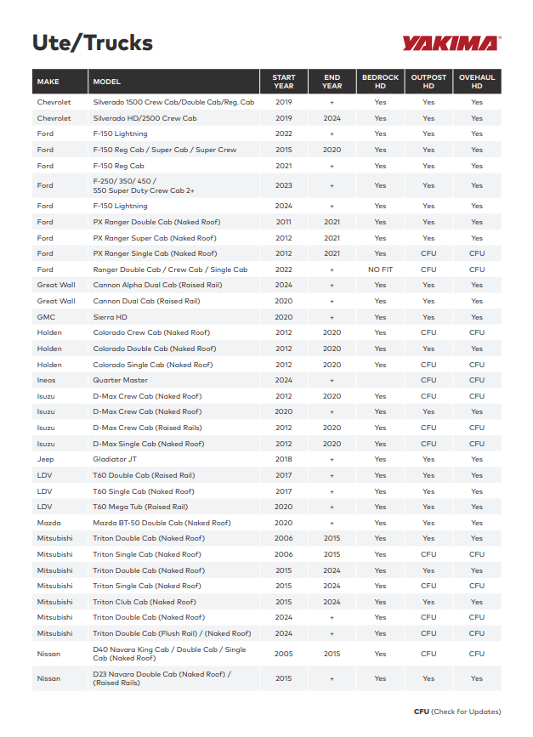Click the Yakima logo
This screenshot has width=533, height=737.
tap(451, 43)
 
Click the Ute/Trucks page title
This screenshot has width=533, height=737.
tap(92, 43)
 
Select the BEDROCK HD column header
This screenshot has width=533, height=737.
tap(380, 82)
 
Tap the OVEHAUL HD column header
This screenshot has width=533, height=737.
tap(477, 82)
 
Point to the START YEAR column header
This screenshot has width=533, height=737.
tap(284, 82)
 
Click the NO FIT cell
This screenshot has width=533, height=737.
tap(380, 269)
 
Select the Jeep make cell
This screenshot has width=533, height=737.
tap(45, 459)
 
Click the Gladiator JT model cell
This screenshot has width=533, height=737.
tap(115, 459)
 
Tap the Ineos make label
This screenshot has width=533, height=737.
tap(46, 380)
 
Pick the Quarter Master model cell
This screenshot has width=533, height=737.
tap(120, 380)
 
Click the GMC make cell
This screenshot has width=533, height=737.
tap(46, 317)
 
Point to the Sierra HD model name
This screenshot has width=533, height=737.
tap(111, 317)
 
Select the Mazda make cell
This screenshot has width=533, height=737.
tap(48, 523)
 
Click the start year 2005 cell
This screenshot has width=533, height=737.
tap(284, 654)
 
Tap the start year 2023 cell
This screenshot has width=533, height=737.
tap(284, 185)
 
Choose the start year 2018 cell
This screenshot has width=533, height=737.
tap(284, 459)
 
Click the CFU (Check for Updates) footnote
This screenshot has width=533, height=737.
tap(457, 711)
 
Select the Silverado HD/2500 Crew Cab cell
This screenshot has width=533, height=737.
tap(145, 118)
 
